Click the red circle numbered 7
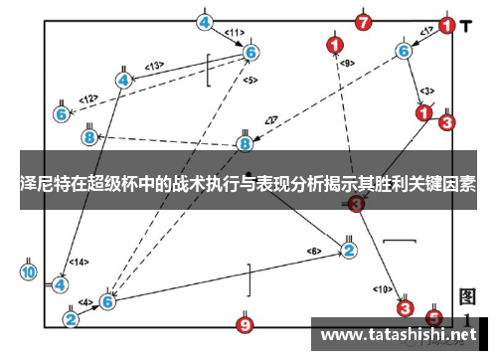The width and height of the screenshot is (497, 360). click(363, 22)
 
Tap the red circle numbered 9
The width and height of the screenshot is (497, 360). click(246, 323)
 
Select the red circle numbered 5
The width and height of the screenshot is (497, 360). click(433, 317)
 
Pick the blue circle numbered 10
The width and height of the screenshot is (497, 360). click(28, 270)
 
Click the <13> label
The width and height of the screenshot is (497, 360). click(154, 67)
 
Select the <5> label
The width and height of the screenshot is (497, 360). click(249, 80)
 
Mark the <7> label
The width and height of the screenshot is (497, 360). click(270, 121)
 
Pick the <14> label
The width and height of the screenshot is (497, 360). click(77, 264)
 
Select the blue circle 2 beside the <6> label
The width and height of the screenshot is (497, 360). click(348, 250)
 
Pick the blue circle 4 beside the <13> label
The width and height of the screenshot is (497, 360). click(124, 80)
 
